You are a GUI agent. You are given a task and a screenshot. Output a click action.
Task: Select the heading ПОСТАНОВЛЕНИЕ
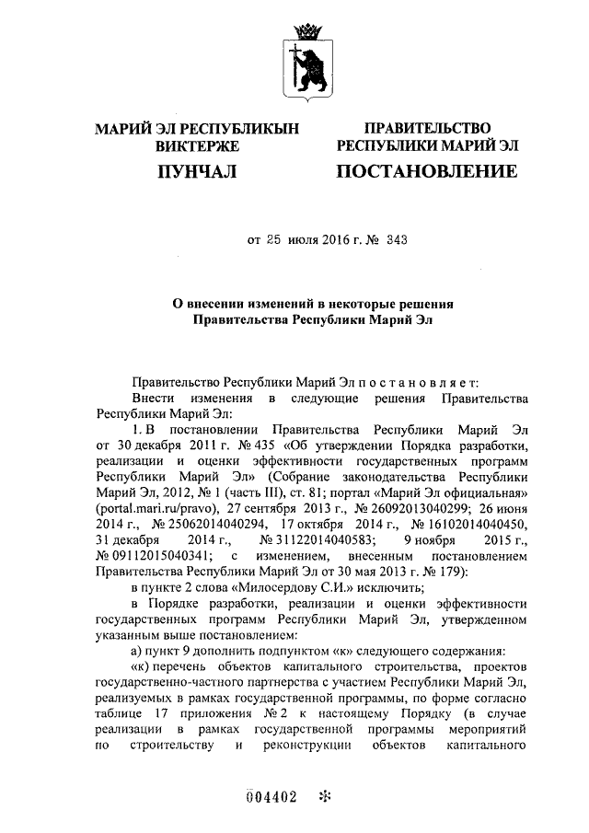click(426, 170)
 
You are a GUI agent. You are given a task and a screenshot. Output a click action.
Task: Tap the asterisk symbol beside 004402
click(323, 797)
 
